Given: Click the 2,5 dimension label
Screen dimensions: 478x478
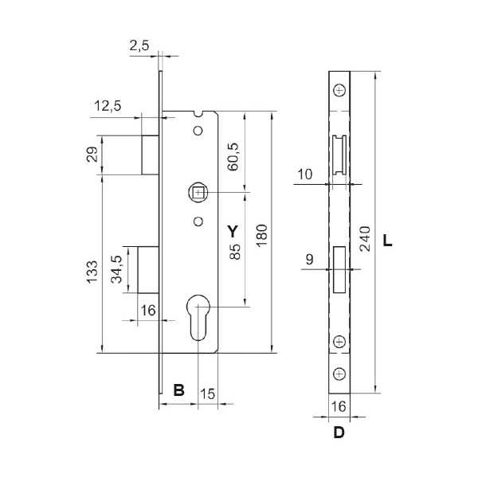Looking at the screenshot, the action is (139, 45).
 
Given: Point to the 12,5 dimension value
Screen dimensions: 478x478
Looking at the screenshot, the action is (108, 106).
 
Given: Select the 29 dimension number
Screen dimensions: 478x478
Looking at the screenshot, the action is (92, 155).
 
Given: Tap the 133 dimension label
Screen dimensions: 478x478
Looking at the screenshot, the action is (92, 272).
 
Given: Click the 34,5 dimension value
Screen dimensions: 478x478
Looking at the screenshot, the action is (116, 269).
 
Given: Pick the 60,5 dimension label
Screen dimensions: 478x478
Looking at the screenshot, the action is (233, 156).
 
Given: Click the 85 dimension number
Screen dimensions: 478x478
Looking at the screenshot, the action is (235, 252).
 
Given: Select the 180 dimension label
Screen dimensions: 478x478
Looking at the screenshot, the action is (261, 236).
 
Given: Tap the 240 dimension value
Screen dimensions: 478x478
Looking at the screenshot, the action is (365, 239).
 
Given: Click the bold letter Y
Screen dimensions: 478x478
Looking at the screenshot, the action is (233, 231).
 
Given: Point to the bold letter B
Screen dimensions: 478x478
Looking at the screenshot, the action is (179, 390).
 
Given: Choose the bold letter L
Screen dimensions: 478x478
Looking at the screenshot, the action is (387, 241).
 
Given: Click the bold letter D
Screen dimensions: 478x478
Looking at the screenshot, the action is (339, 433).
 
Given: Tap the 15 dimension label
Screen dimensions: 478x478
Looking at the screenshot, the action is (208, 394).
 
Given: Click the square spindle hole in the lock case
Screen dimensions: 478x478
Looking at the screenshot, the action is (198, 192).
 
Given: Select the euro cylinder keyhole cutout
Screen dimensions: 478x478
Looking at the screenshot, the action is (198, 317).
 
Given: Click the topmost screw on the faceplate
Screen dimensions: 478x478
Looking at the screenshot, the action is (339, 91).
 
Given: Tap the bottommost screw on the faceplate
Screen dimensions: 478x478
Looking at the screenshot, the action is (339, 374).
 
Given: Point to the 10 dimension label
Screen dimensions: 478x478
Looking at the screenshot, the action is (305, 174).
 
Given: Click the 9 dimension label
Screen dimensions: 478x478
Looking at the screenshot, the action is (309, 260).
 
